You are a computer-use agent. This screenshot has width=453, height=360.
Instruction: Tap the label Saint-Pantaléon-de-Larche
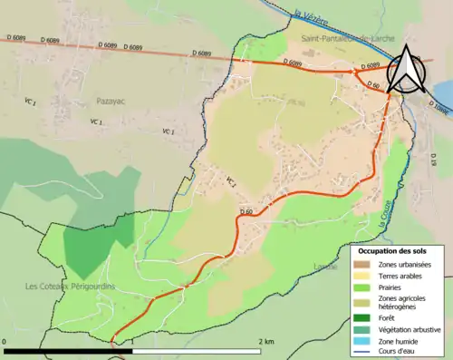tap(345, 40)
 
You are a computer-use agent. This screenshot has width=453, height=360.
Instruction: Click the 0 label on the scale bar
tap(6, 341)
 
